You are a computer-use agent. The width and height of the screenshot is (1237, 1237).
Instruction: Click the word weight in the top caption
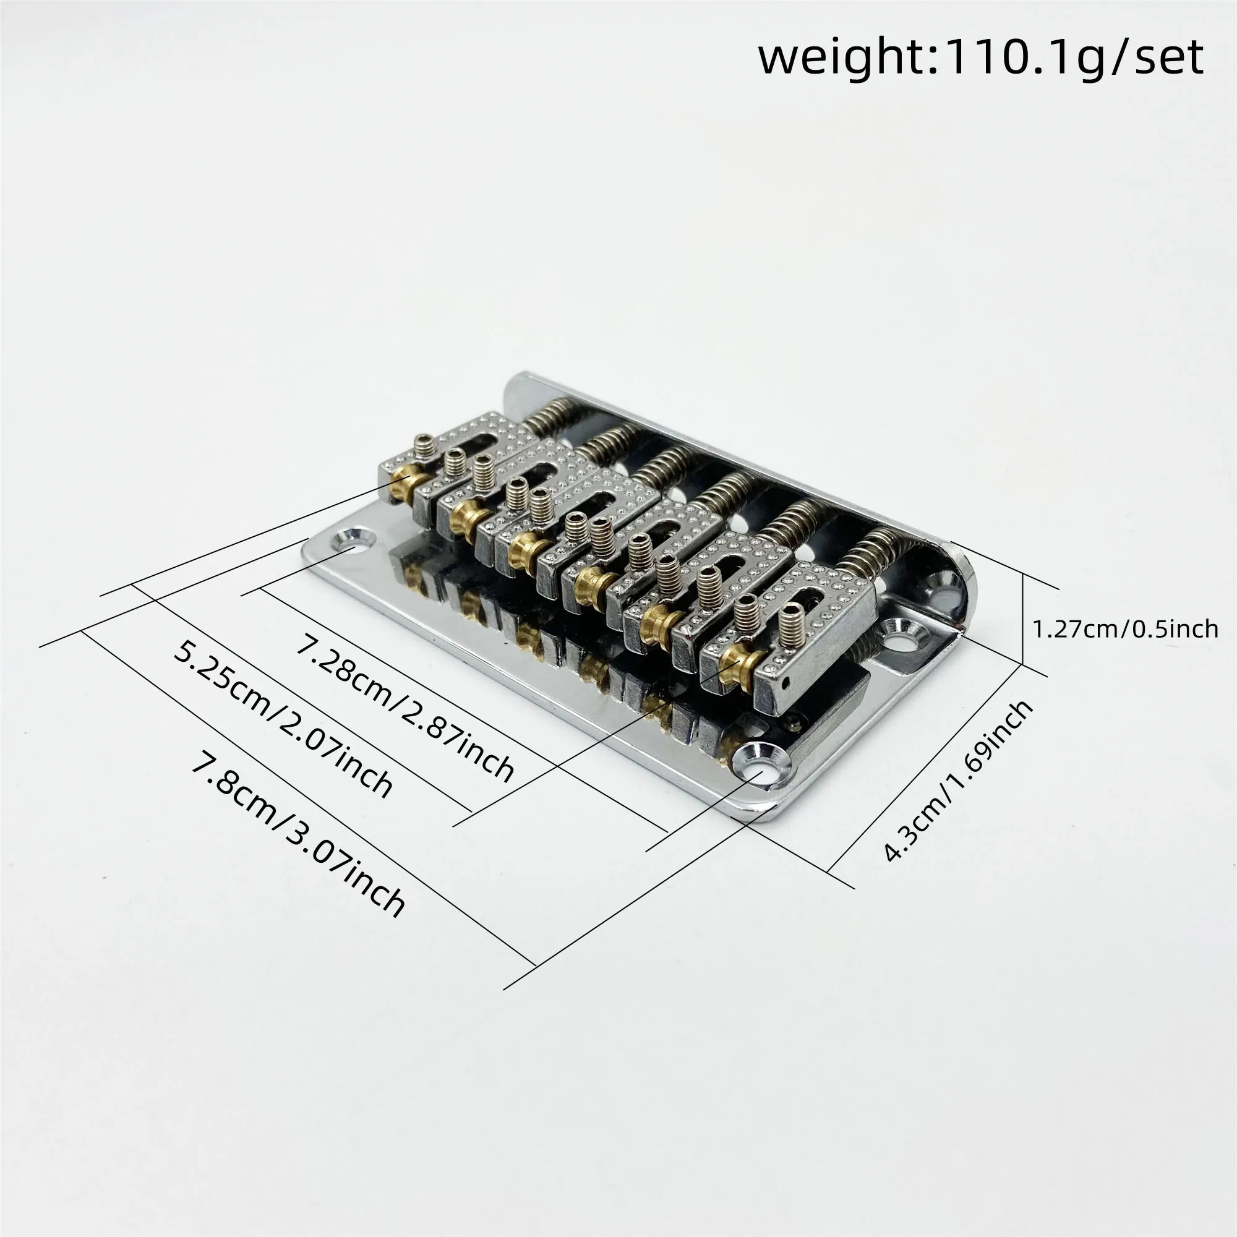click(x=847, y=59)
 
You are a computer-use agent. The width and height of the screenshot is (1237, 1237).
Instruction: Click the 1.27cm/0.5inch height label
click(x=1125, y=629)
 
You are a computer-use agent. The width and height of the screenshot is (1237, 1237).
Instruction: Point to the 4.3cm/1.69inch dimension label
click(x=959, y=781)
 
